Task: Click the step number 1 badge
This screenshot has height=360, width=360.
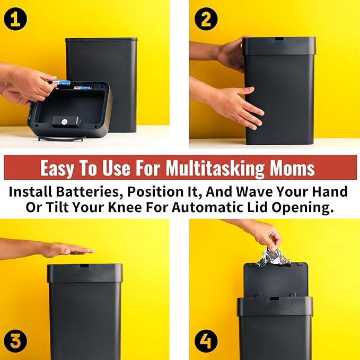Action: pyautogui.click(x=15, y=19)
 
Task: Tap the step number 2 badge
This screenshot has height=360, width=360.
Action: pyautogui.click(x=206, y=19)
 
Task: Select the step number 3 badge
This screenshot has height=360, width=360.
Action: pyautogui.click(x=15, y=341)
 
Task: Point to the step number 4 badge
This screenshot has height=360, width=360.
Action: pyautogui.click(x=206, y=341)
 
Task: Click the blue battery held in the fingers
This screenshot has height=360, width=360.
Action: pyautogui.click(x=61, y=82)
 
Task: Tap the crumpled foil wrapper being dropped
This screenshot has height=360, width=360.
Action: pyautogui.click(x=273, y=258)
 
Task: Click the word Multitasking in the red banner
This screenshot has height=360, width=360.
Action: pyautogui.click(x=215, y=168)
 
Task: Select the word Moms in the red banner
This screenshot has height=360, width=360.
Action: pyautogui.click(x=292, y=168)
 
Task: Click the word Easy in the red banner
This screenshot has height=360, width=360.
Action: pyautogui.click(x=57, y=168)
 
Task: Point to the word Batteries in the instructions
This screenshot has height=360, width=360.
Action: pyautogui.click(x=89, y=191)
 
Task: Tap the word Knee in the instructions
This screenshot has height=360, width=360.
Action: pyautogui.click(x=125, y=207)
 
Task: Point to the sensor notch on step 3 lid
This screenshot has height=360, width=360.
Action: pyautogui.click(x=84, y=266)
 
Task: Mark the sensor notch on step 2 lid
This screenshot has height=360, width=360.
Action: pyautogui.click(x=279, y=38)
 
